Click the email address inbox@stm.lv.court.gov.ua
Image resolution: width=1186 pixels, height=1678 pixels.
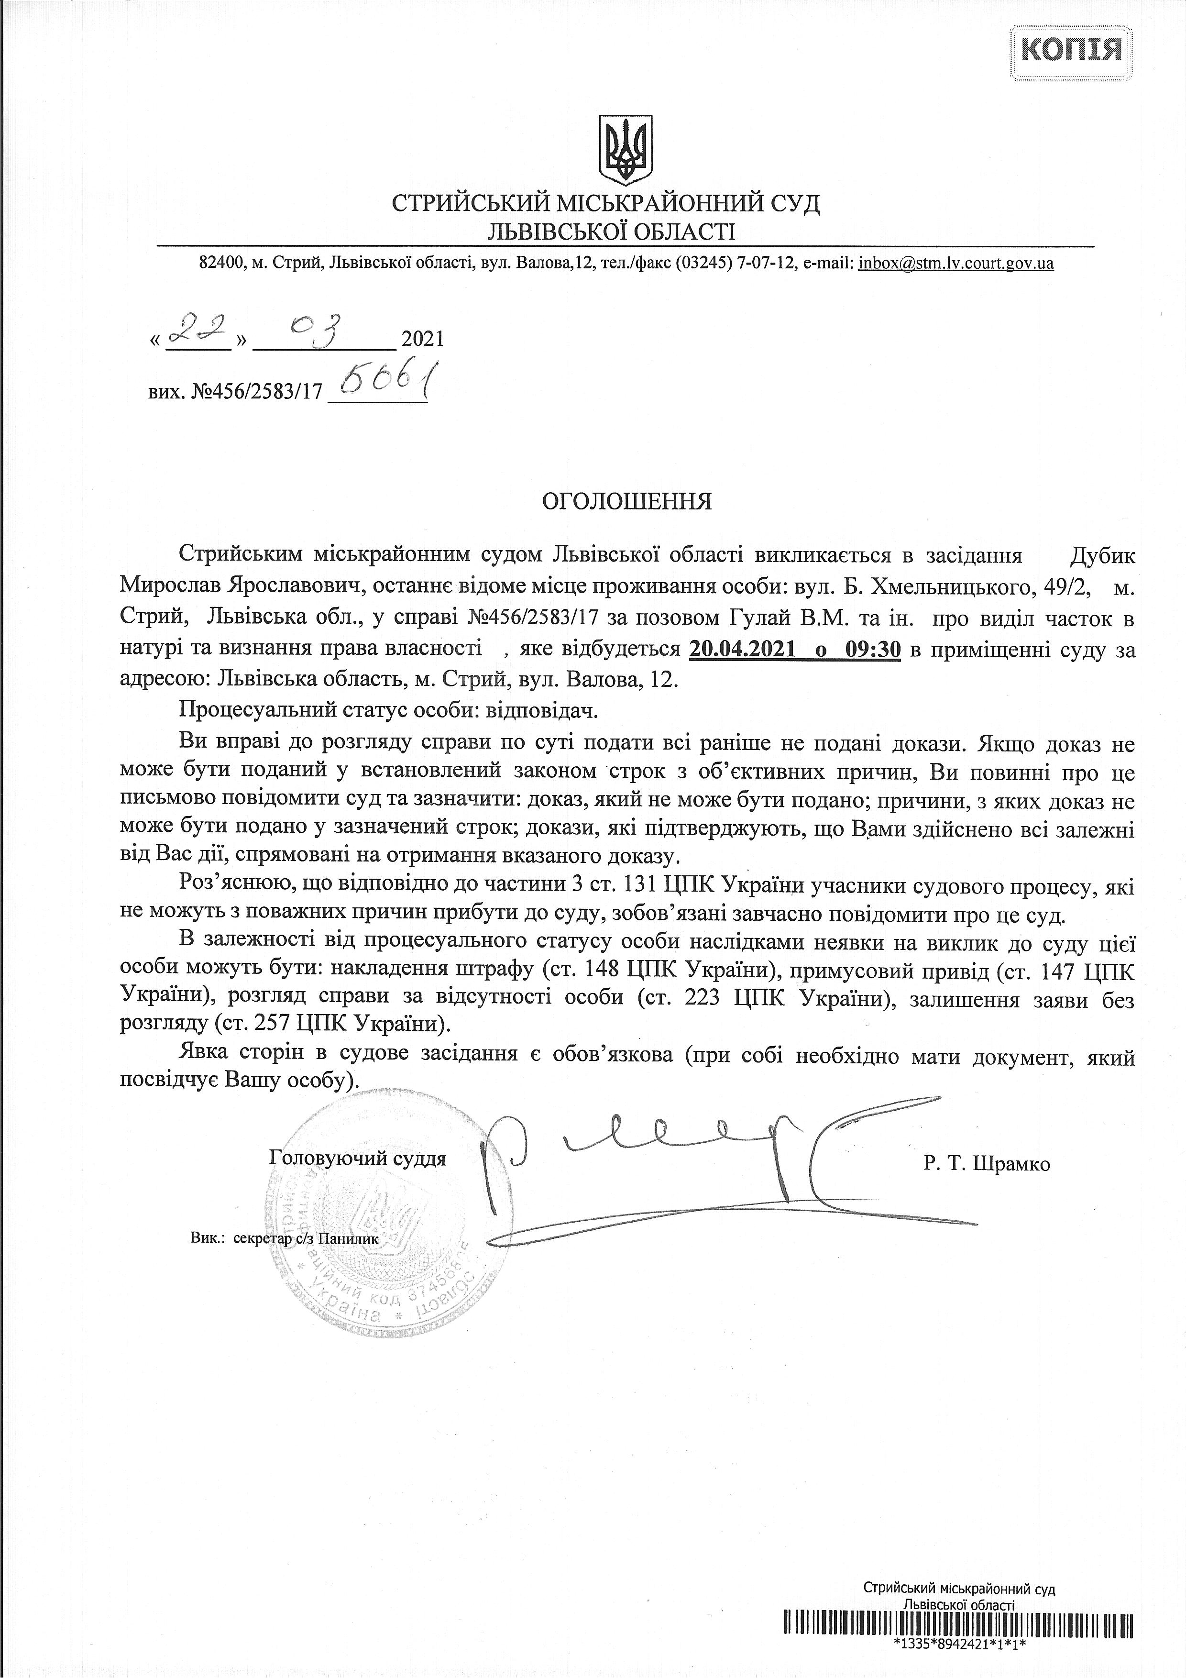[956, 263]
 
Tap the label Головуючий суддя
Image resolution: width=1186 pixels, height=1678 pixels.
[357, 1159]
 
